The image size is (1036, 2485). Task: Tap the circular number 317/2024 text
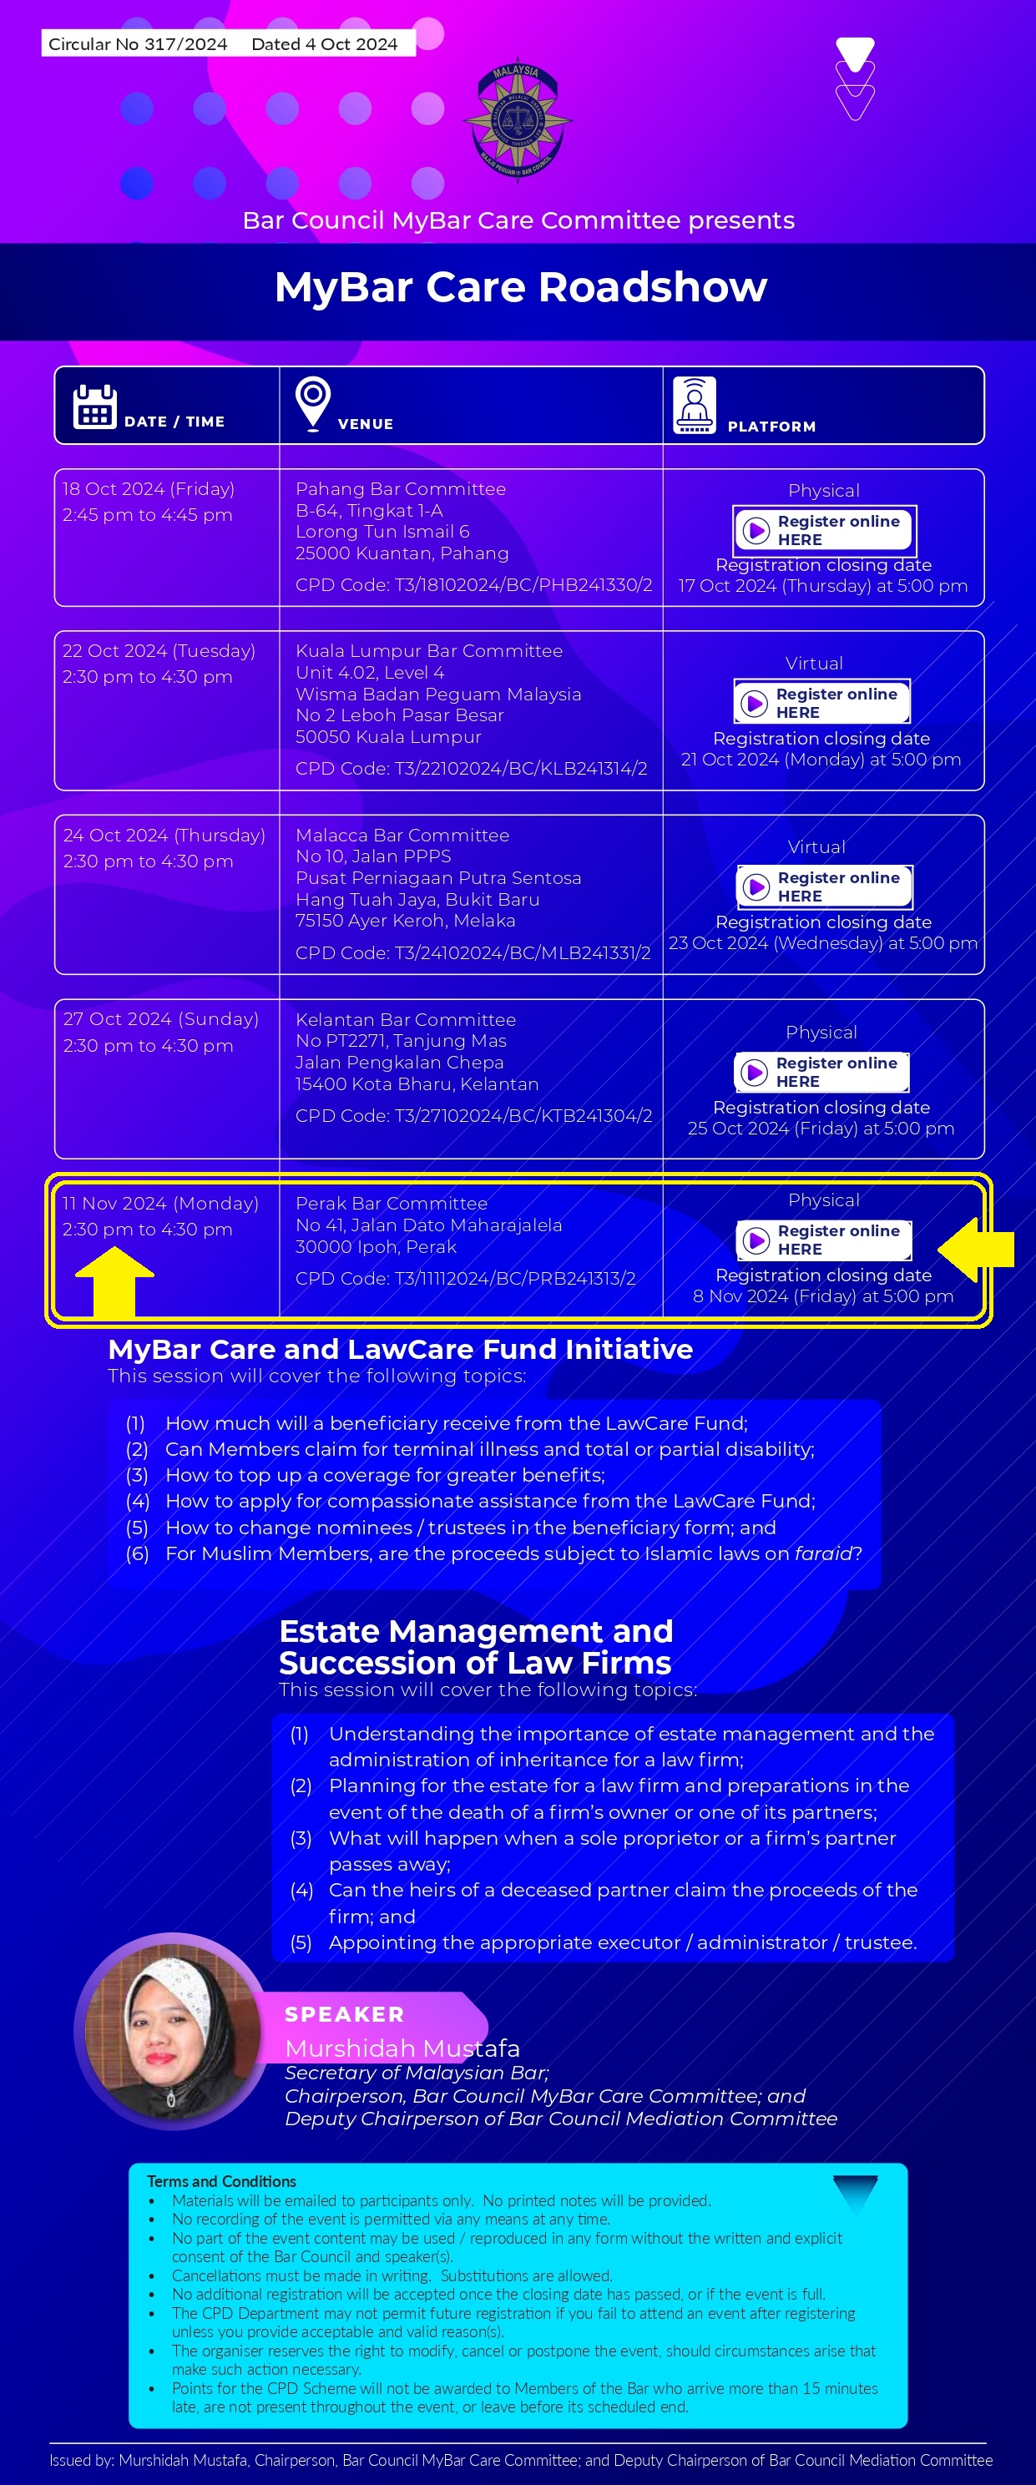coord(138,44)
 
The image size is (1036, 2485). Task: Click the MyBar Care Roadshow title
coord(520,286)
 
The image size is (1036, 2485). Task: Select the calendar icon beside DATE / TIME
coord(94,407)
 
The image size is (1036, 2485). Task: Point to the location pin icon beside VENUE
coord(312,403)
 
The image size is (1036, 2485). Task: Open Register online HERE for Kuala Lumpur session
coord(821,702)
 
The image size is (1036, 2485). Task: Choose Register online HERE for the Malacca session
coord(824,886)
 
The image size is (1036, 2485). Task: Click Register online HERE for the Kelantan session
coord(821,1072)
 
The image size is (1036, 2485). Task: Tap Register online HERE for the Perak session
coord(824,1240)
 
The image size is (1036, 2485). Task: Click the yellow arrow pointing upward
coord(115,1280)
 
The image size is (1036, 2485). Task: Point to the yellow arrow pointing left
coord(974,1250)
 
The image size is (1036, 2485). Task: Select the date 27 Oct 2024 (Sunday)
coord(161,1018)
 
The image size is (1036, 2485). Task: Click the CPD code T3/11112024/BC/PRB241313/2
coord(465,1278)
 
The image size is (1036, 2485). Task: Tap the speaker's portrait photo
coord(171,2030)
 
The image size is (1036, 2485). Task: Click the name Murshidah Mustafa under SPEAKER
coord(402,2048)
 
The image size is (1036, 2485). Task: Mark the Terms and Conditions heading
coord(221,2181)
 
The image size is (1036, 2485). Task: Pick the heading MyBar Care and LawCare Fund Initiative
coord(401,1349)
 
